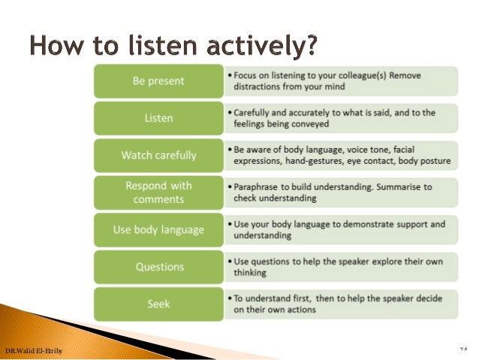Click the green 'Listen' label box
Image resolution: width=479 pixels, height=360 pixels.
coord(158,118)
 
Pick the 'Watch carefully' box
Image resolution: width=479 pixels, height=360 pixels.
coord(158,156)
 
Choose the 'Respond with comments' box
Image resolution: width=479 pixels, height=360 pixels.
coord(158,192)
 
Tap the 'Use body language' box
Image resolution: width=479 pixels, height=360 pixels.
coord(158,229)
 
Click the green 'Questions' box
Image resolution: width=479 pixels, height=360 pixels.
coord(158,266)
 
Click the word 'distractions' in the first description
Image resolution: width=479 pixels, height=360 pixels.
coord(258,87)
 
